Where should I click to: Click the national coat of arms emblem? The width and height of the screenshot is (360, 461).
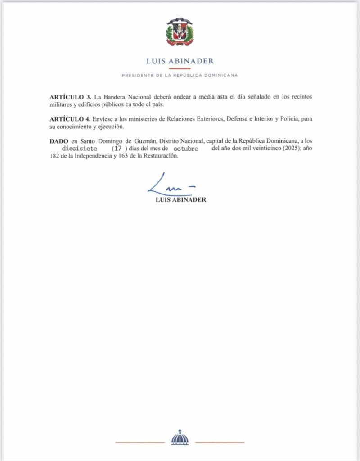(x=180, y=33)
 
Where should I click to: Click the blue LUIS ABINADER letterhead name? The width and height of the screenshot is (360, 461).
(x=180, y=61)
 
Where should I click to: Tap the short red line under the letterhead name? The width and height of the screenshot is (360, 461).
(x=180, y=68)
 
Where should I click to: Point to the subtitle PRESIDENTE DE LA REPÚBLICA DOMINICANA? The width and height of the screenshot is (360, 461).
(x=180, y=75)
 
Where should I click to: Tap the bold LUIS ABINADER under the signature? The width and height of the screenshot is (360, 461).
(x=180, y=199)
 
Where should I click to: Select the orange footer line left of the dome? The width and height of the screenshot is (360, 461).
(x=139, y=442)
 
